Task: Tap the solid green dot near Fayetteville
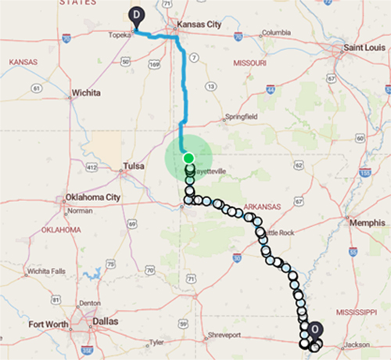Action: (x=188, y=158)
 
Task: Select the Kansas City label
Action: (x=199, y=25)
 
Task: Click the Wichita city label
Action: (x=86, y=92)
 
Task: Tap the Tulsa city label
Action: (x=135, y=166)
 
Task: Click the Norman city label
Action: (x=80, y=211)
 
